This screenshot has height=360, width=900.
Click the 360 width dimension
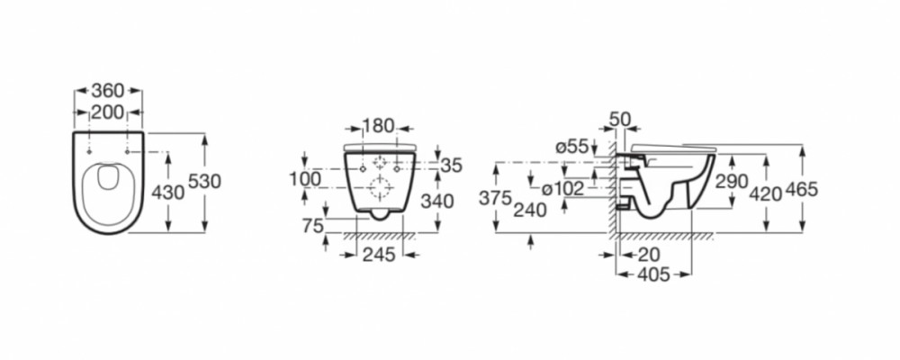coord(108,91)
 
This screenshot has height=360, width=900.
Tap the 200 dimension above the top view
coord(108,112)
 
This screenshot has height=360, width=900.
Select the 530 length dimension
coord(205,182)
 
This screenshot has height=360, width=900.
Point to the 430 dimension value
coord(167,193)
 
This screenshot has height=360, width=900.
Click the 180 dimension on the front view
coord(379,126)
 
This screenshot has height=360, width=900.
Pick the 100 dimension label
coord(305,179)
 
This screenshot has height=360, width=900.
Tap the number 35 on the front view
coord(452,166)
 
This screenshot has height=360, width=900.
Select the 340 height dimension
coord(437,202)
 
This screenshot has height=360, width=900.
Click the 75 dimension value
coord(313,226)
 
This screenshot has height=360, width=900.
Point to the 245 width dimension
coord(379,255)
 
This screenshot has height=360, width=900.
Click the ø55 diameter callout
coord(572,147)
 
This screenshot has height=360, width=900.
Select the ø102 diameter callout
coord(563,188)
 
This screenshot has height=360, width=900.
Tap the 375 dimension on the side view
coord(495,198)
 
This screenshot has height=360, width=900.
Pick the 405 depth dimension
coord(653,275)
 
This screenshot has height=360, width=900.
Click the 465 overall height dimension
coord(801,189)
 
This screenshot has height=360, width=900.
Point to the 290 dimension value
coord(731,182)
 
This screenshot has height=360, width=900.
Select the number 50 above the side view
coord(620,120)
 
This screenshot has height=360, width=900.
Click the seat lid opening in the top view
coord(107,176)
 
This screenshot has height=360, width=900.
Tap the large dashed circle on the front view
coord(380,188)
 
